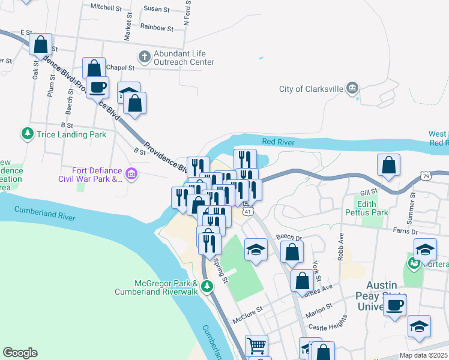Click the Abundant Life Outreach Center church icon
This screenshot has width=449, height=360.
click(x=144, y=57)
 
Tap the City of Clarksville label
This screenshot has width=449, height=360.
click(x=311, y=89)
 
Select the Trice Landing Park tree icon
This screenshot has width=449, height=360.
click(x=27, y=134)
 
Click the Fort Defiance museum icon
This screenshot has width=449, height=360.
click(x=131, y=175)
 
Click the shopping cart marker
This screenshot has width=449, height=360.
click(x=256, y=345)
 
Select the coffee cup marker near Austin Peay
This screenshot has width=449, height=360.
click(x=394, y=304)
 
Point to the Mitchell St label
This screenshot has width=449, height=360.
click(x=105, y=7)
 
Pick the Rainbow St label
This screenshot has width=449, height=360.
click(x=156, y=28)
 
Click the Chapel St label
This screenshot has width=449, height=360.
click(x=120, y=67)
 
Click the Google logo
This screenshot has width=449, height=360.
click(x=20, y=353)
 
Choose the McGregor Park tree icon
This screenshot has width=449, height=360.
click(x=207, y=286)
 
